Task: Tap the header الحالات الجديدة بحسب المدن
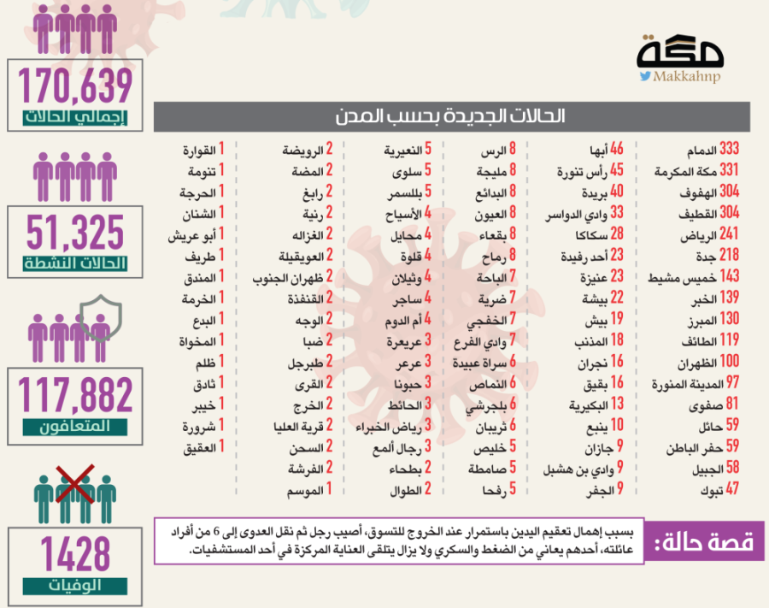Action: pyautogui.click(x=451, y=116)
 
